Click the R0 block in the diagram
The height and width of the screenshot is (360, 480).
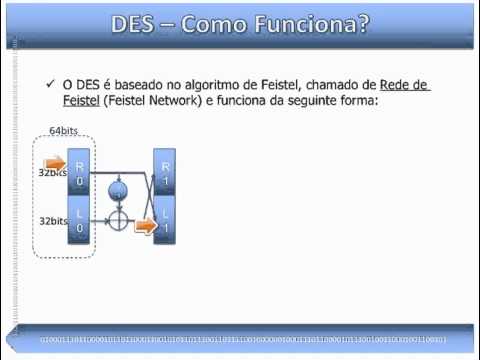pos(80,171)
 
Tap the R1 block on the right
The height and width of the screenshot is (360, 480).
pos(165,171)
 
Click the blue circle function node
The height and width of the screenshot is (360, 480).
pos(119,189)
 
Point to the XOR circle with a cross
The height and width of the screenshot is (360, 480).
pos(119,220)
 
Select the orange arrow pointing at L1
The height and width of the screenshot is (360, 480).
pos(146,226)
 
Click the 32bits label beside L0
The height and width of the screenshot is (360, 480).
pos(53,220)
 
